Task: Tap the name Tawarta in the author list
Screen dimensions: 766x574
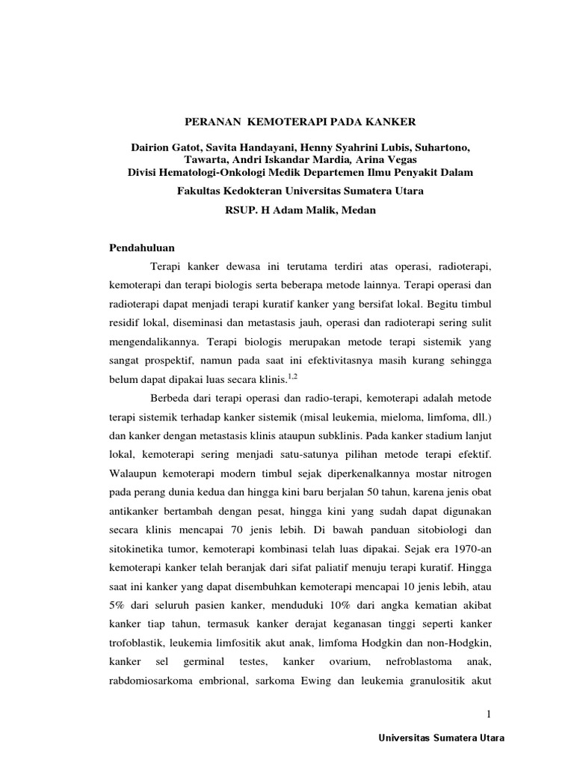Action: [x=204, y=160]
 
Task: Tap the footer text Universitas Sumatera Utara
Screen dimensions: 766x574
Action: [x=442, y=738]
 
